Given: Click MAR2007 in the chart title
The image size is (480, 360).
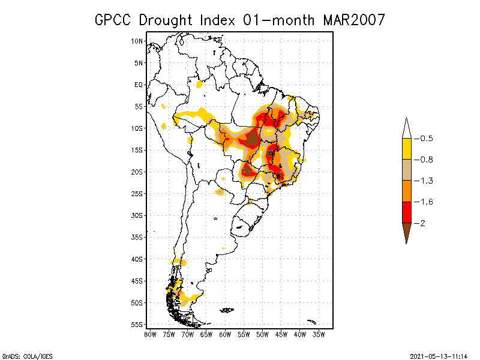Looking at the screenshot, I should click(x=353, y=20).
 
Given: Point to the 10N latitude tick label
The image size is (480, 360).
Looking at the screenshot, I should click(x=137, y=41).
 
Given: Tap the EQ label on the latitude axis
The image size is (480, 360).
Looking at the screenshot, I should click(x=139, y=85).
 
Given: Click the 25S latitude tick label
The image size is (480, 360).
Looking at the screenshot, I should click(x=137, y=193).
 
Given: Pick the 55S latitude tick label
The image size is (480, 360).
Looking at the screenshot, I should click(x=137, y=324).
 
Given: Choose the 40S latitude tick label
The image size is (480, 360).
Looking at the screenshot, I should click(x=137, y=259).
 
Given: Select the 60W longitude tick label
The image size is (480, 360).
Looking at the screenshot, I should click(x=226, y=334).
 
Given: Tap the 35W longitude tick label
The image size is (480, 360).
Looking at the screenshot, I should click(x=319, y=334).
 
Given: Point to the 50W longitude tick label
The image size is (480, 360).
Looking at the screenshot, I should click(x=263, y=334).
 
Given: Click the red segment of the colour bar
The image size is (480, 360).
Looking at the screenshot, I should click(x=406, y=212).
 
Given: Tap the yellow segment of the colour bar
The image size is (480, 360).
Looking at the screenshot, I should click(x=406, y=149).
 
